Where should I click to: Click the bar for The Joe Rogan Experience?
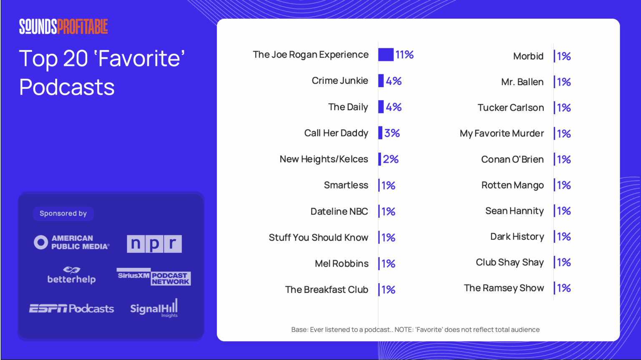point(386,55)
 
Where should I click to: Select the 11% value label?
point(404,55)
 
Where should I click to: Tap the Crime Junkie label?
point(340,81)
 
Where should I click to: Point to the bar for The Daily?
point(381,107)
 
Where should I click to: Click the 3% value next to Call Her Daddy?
point(392,133)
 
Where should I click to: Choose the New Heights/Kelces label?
point(324,159)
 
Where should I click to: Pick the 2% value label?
point(391,159)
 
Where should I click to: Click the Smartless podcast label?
point(346,185)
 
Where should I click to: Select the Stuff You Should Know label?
point(318,237)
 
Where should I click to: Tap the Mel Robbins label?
point(342,264)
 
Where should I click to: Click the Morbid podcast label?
point(528,56)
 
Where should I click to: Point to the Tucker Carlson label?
point(511,108)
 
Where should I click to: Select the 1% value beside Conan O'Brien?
point(564,159)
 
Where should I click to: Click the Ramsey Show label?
point(504,288)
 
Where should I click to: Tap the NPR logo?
point(154,244)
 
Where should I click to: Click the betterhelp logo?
point(71,275)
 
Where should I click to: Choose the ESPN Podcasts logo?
point(71,309)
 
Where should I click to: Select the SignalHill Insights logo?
point(154,308)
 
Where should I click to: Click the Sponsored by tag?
point(63,214)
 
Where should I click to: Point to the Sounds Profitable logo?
point(63,27)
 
